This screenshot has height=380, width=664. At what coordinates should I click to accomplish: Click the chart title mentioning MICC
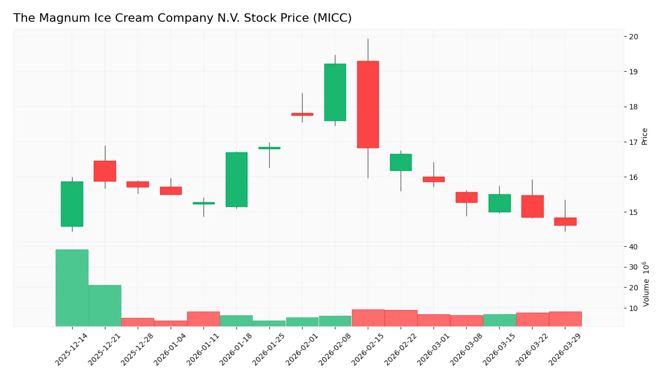point(182,18)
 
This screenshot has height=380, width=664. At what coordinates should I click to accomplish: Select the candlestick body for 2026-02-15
point(368,105)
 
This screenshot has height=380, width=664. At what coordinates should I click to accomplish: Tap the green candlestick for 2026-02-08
point(335,92)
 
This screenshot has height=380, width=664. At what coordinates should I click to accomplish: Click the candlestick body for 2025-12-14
point(72,204)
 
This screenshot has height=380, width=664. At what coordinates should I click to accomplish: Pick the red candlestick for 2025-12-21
point(105,171)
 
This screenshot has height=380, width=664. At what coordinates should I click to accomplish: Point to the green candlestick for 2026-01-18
point(236,179)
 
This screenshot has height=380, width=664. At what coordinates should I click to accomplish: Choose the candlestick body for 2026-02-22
point(401,162)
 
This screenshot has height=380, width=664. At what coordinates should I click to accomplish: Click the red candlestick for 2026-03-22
point(532,206)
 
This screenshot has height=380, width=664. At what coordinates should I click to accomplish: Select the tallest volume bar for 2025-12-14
point(72,288)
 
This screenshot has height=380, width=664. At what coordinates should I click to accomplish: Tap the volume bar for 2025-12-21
point(105,306)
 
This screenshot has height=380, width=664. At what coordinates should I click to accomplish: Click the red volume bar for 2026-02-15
point(368,318)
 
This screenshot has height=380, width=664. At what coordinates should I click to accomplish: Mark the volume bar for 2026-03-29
point(565,319)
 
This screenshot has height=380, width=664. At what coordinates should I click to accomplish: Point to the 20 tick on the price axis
point(633,37)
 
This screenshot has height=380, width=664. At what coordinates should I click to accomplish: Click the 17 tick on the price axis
point(633,142)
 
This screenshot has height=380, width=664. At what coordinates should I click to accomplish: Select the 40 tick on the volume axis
point(633,247)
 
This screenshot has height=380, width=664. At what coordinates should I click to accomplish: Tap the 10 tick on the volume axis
point(633,308)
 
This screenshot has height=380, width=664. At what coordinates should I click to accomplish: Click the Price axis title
point(645,136)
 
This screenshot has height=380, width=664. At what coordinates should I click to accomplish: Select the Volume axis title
point(646,284)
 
